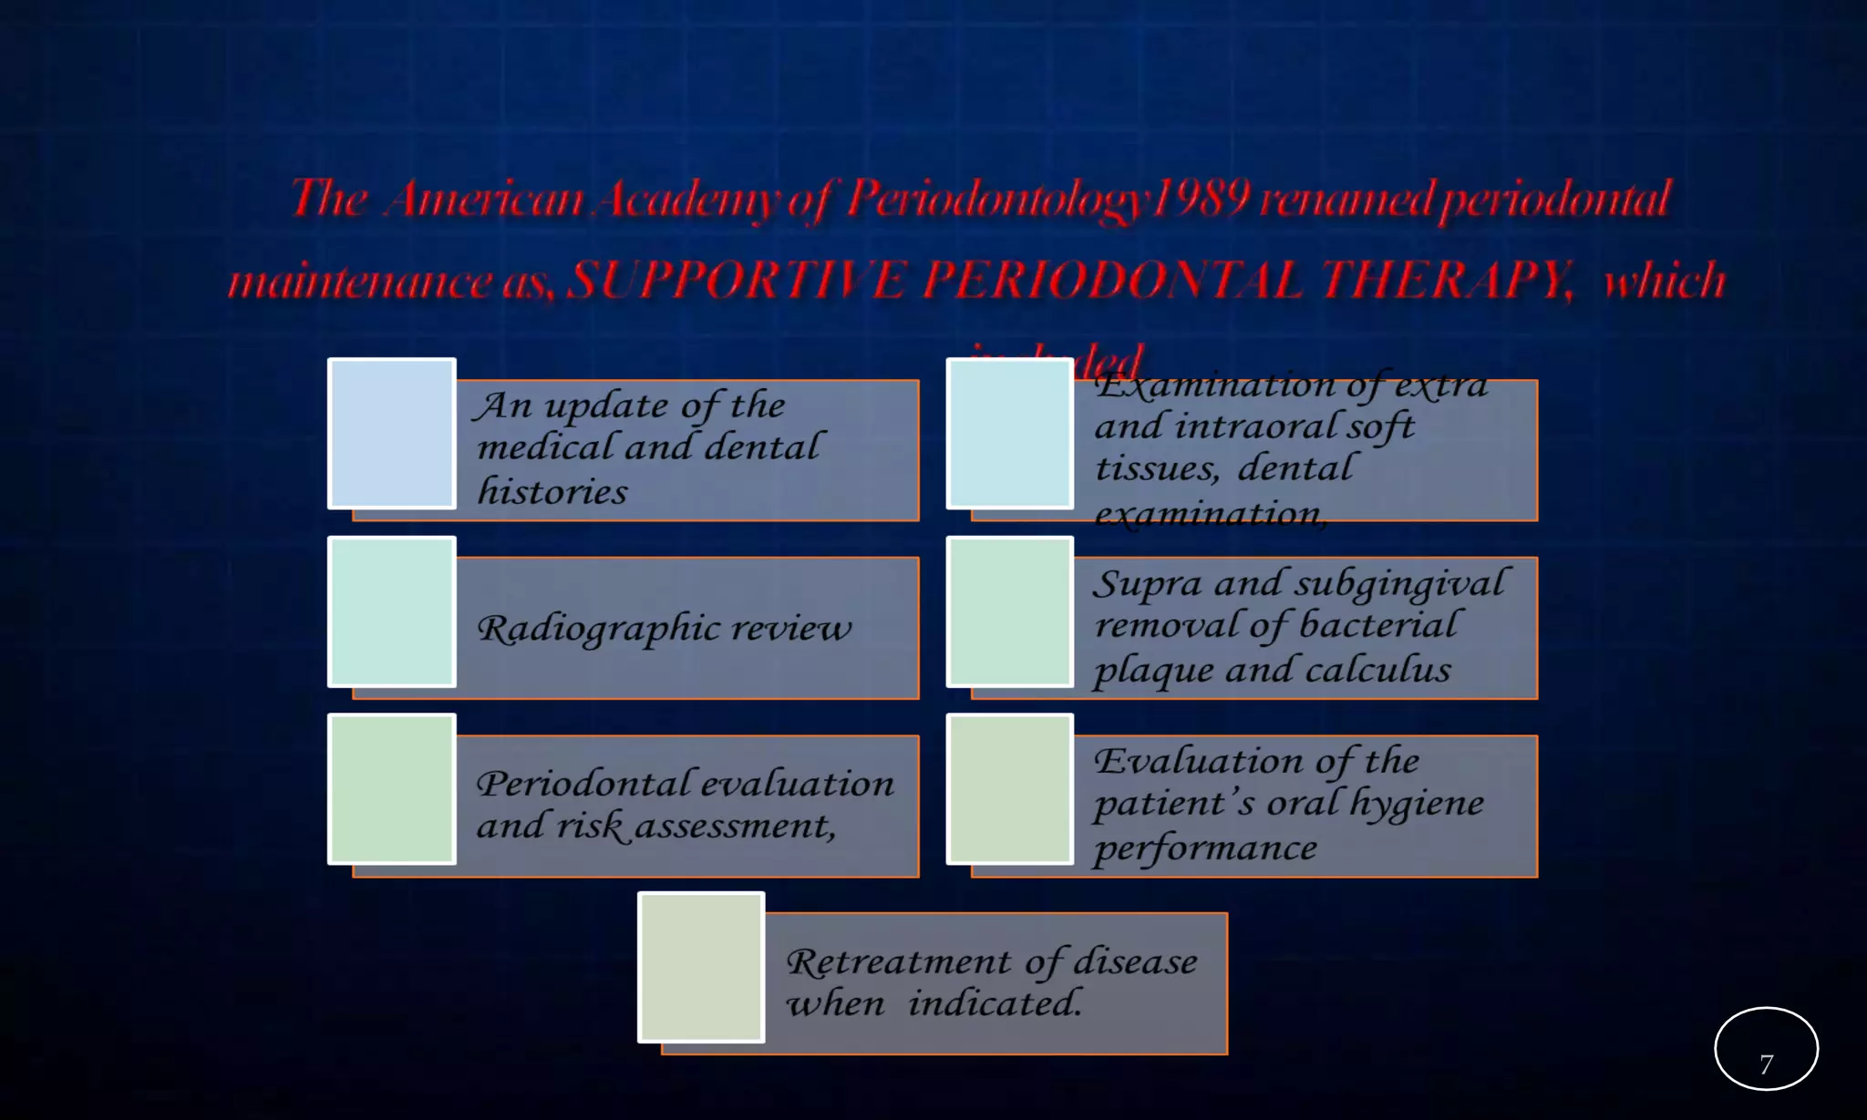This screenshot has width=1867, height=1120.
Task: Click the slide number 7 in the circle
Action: pos(1766,1064)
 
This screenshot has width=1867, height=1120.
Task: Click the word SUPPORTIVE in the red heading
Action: pos(737,280)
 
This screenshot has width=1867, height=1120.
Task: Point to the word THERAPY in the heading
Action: pos(1448,280)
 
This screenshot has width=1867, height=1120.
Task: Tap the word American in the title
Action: pos(483,199)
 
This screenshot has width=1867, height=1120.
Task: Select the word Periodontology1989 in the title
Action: pos(1047,199)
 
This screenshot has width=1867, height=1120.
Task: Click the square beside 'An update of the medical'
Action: pos(392,433)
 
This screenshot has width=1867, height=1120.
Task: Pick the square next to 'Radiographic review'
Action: pos(392,611)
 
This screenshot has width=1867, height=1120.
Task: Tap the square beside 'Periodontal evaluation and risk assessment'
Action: pos(392,789)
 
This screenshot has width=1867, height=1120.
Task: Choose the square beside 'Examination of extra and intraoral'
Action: pos(1010,433)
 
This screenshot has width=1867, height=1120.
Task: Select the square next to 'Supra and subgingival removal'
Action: pos(1010,611)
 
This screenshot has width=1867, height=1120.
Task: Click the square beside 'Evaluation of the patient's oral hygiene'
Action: pos(1010,789)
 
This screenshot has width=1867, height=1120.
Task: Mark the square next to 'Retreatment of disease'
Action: pos(701,967)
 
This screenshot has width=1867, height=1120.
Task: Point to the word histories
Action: pos(552,492)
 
